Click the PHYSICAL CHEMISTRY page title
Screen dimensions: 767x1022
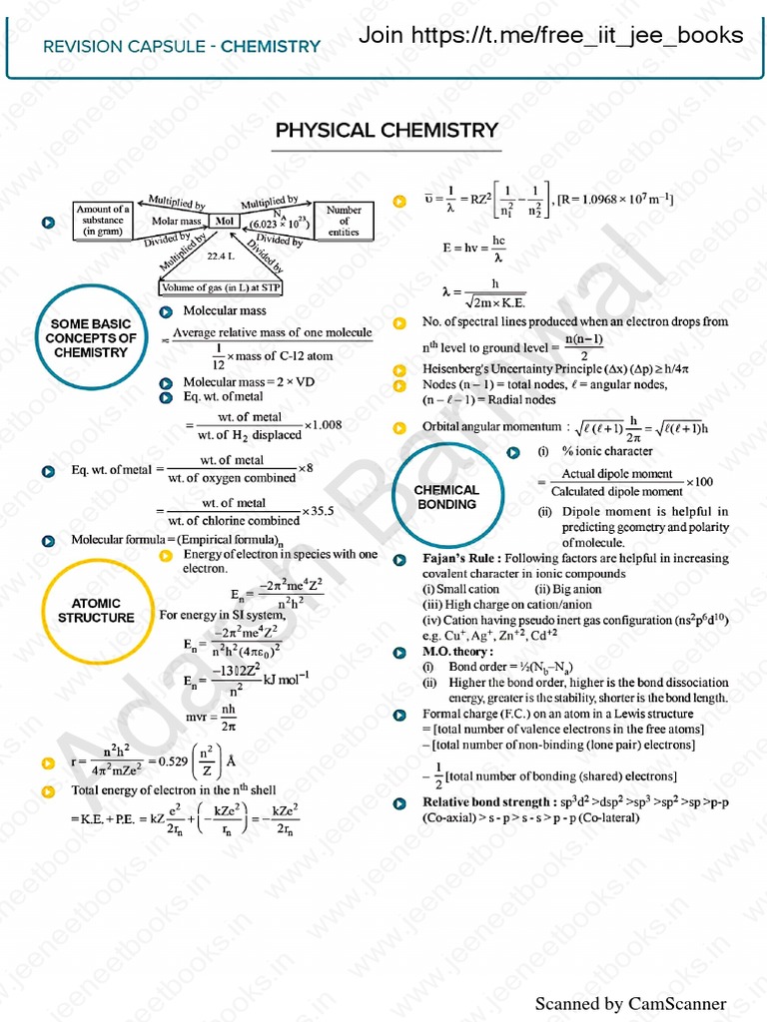[386, 130]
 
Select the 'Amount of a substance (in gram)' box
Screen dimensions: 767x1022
[104, 221]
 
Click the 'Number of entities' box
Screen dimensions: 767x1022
[344, 221]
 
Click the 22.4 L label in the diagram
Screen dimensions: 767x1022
[220, 256]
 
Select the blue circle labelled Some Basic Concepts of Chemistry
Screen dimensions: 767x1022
[91, 338]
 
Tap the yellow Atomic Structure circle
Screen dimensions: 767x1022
[96, 610]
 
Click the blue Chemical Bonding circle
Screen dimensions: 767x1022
[446, 497]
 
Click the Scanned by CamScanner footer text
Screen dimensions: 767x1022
[630, 1003]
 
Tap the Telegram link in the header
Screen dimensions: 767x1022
[551, 36]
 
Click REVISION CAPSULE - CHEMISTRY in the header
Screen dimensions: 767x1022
[183, 46]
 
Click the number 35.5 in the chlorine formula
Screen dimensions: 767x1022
[320, 511]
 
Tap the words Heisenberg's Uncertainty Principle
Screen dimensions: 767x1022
[500, 369]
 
